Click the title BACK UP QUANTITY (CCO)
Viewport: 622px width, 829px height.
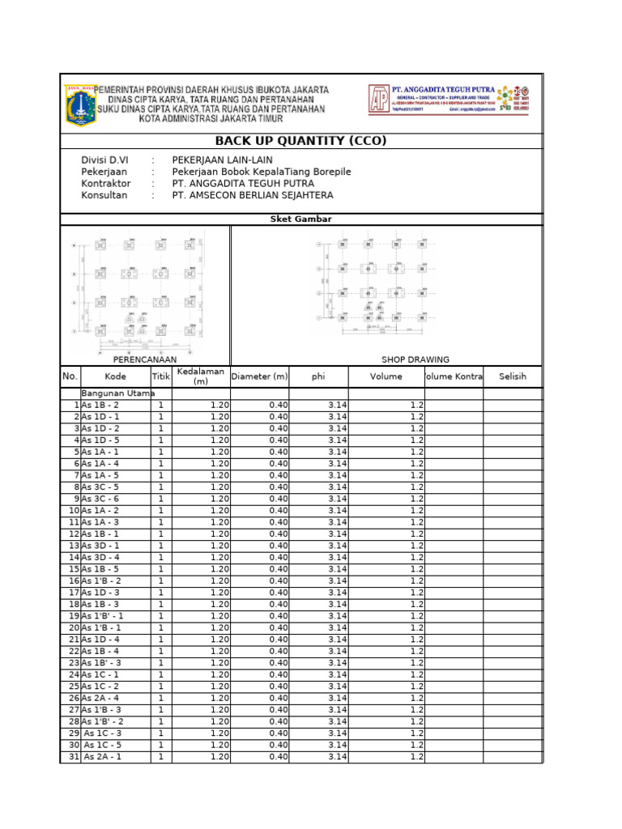(300, 141)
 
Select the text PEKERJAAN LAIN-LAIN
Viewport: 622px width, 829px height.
(223, 160)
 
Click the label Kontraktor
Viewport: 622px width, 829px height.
(105, 184)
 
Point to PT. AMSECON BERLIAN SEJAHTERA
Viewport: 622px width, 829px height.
(253, 195)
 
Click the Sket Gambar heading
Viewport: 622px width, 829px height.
(300, 219)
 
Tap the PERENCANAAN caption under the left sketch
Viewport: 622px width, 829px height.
(145, 359)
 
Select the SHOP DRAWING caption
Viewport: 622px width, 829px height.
(415, 359)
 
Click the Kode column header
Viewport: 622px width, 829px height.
(115, 376)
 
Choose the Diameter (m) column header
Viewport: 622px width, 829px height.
(259, 376)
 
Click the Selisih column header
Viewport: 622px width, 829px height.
(513, 376)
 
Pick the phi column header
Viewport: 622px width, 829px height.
(318, 376)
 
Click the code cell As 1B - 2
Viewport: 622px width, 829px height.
(100, 405)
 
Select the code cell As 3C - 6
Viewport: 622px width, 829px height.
(100, 499)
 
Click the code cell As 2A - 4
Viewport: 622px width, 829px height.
(100, 698)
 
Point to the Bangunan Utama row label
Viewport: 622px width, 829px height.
(112, 393)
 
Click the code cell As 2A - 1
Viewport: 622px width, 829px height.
(102, 757)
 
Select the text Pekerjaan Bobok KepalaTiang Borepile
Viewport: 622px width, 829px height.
(262, 172)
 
